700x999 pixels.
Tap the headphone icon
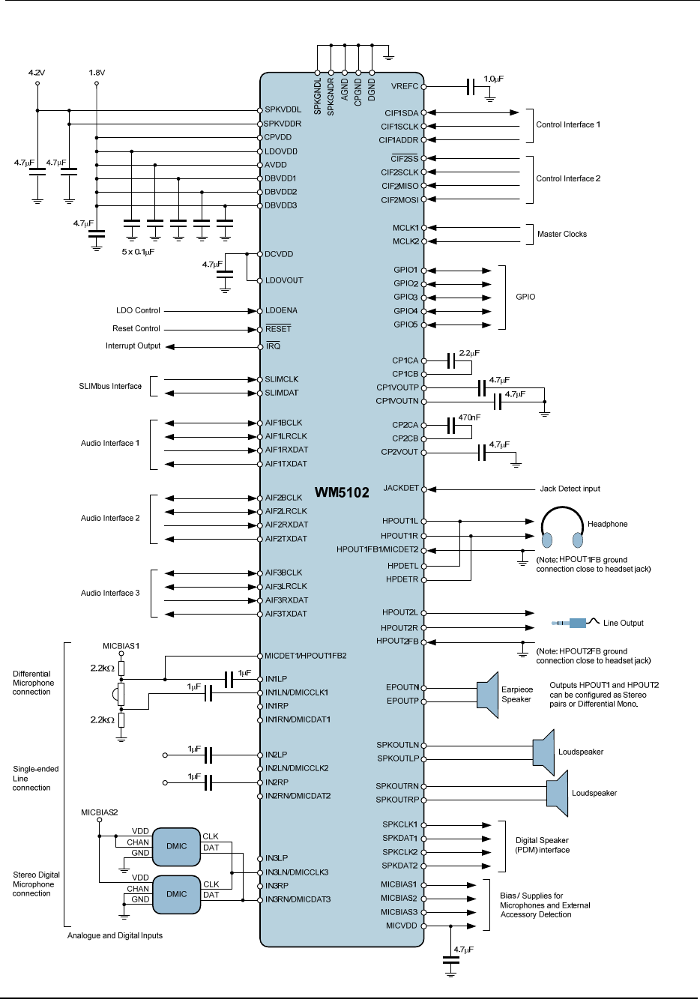click(562, 528)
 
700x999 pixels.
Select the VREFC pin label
click(405, 87)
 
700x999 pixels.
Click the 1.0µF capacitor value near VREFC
click(493, 78)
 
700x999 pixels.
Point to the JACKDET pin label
click(401, 489)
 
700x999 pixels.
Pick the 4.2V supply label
click(37, 73)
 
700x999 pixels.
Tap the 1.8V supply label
click(97, 73)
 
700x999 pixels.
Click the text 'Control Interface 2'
click(568, 179)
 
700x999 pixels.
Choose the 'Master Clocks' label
click(562, 235)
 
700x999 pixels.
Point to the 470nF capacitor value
click(469, 417)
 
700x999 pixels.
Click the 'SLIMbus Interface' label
click(110, 387)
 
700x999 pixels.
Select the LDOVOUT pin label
click(284, 281)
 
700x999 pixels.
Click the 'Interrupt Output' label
click(133, 346)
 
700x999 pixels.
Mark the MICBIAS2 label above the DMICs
click(100, 812)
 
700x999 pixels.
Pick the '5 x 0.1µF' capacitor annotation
click(138, 252)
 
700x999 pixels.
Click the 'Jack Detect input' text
click(570, 489)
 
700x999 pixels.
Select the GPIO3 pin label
click(405, 298)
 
